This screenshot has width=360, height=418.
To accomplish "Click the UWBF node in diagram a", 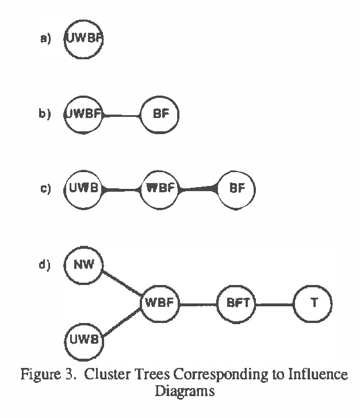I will [x=85, y=39].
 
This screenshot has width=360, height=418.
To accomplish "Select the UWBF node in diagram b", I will [x=85, y=115].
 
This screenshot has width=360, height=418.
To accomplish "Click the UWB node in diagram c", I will [x=85, y=189].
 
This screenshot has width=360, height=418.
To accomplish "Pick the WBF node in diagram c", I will [x=160, y=189].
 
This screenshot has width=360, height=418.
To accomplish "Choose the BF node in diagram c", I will [x=236, y=189].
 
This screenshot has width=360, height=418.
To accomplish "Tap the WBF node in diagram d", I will [x=160, y=303].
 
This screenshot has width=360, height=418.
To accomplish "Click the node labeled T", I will [x=313, y=303].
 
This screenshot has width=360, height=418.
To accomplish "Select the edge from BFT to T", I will [x=274, y=303].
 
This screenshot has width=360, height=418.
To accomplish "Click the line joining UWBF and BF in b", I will [x=122, y=116].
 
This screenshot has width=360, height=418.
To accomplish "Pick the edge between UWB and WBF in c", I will [x=122, y=189].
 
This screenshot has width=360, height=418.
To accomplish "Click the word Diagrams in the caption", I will [x=184, y=392].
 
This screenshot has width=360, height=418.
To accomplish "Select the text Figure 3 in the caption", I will [x=44, y=375].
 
